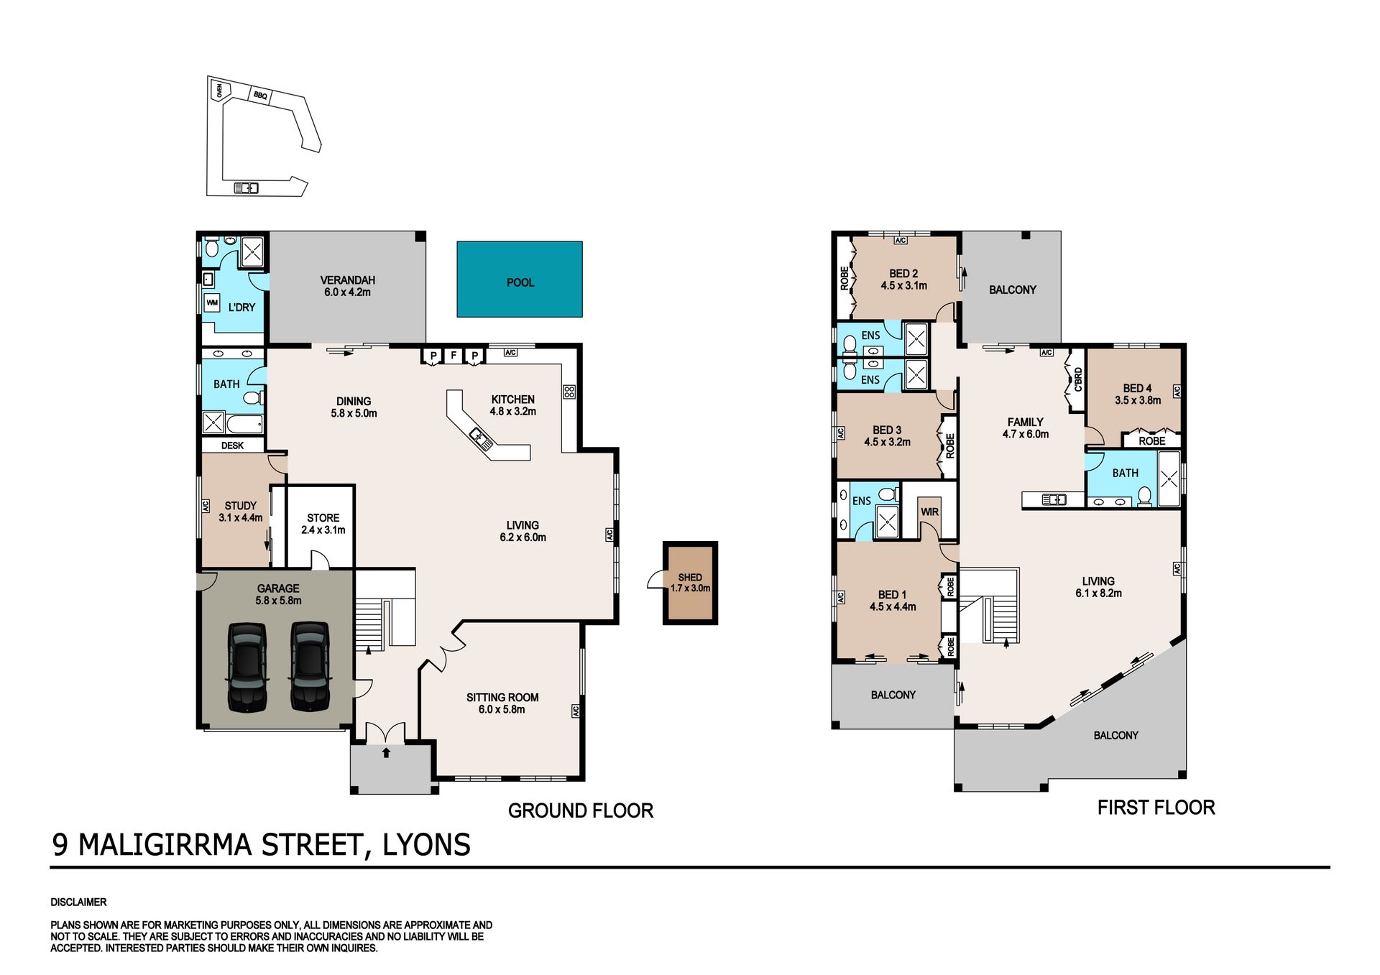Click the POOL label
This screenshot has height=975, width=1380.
coord(520,282)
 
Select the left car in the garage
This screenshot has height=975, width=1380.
coord(247,667)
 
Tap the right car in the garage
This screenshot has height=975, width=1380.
coord(310,667)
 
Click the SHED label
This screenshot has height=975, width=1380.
coord(690,577)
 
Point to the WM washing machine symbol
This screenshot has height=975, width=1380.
coord(212,302)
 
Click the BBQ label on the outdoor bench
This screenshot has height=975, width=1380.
coord(260,95)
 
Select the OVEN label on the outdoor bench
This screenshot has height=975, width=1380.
coord(219,91)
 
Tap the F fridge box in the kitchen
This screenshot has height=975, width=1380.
coord(454,355)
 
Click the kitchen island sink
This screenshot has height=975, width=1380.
coord(482,439)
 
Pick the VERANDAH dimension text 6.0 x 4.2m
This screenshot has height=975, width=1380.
coord(347,292)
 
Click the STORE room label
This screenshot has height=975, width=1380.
coord(323,517)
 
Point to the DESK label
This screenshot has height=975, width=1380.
coord(232,445)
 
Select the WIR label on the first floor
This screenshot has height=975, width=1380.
coord(929,512)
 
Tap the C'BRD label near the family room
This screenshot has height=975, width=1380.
coord(1077,379)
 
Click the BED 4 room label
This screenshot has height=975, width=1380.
coord(1137,388)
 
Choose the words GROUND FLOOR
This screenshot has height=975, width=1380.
coord(581,810)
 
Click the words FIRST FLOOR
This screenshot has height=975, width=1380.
coord(1156,808)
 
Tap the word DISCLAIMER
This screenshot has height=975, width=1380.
coord(78,902)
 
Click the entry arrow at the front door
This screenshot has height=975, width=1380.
coord(386,752)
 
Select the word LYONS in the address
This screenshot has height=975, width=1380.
coord(426,845)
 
